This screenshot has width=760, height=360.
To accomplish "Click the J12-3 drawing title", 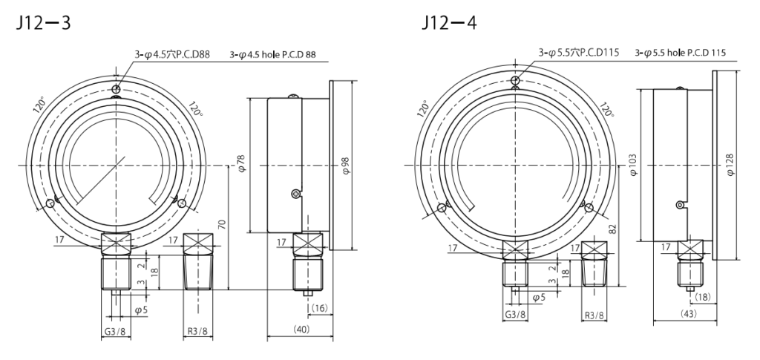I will [x=38, y=22].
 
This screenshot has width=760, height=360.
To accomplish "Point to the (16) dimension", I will [x=320, y=306].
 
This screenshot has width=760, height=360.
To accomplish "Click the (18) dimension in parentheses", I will [x=702, y=295].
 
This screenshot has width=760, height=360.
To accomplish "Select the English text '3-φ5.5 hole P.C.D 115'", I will [x=681, y=53].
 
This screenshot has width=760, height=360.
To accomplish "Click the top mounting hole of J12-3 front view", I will [x=115, y=91].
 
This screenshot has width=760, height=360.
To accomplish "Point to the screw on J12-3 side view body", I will [x=296, y=194].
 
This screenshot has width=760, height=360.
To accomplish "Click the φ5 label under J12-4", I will [x=540, y=297].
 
